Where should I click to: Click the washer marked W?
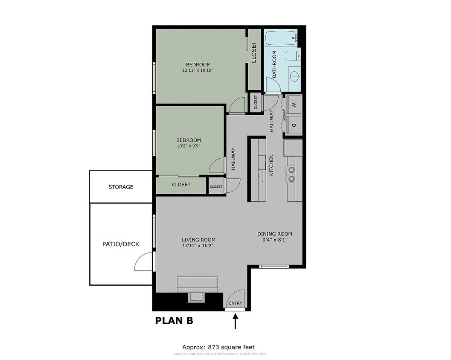tap(294, 105)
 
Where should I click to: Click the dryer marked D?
tap(294, 125)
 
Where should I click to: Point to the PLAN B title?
tap(174, 321)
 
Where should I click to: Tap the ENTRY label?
tap(236, 303)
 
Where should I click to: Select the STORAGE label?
tap(121, 187)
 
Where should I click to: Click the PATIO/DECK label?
tap(121, 244)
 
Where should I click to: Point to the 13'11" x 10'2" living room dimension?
tap(198, 246)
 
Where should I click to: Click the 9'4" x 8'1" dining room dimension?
tap(274, 240)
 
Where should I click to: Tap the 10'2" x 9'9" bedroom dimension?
tap(189, 146)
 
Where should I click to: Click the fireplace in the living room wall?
tap(196, 297)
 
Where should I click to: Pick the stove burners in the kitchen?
tap(291, 174)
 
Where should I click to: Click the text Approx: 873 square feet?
tap(218, 347)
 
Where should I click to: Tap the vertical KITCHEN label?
tap(271, 165)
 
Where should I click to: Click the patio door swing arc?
tap(143, 262)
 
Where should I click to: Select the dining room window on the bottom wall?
tap(274, 267)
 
